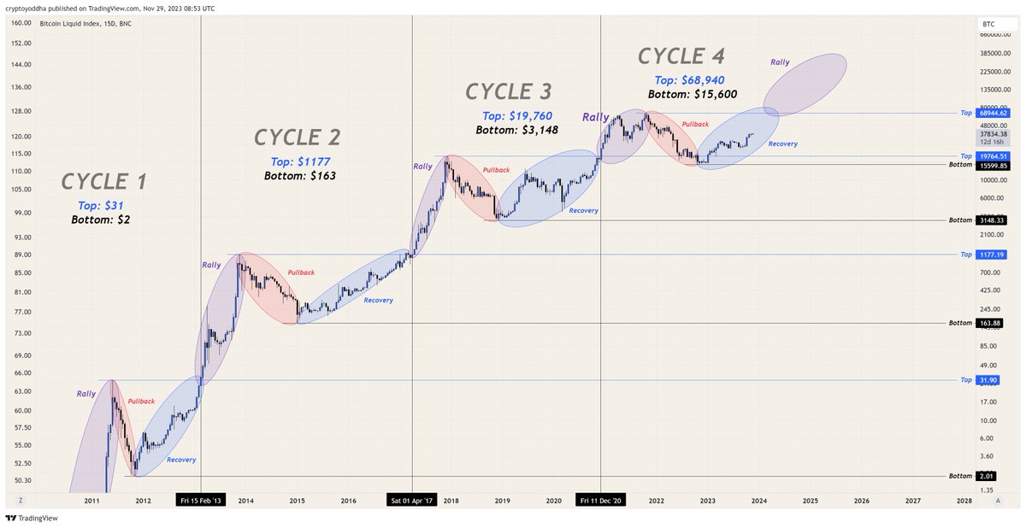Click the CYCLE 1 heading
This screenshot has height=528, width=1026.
pos(104,181)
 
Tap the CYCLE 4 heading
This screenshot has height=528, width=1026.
pos(681,56)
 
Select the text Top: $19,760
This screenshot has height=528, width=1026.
pos(523,116)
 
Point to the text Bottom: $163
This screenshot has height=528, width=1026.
pos(300,175)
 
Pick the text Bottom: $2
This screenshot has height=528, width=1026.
pos(101,220)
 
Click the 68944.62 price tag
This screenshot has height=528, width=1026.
pos(992,113)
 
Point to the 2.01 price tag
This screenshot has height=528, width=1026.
pos(987,476)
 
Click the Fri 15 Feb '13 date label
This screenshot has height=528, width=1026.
pos(200,501)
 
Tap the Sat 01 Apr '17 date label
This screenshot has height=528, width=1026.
pos(412,501)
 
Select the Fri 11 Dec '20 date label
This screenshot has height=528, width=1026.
pos(601,501)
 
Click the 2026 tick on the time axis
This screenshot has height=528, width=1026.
pos(861,501)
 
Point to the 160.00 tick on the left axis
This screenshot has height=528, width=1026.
pos(22,23)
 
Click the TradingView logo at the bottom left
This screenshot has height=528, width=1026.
pos(26,518)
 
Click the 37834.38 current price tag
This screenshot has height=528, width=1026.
pos(992,133)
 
